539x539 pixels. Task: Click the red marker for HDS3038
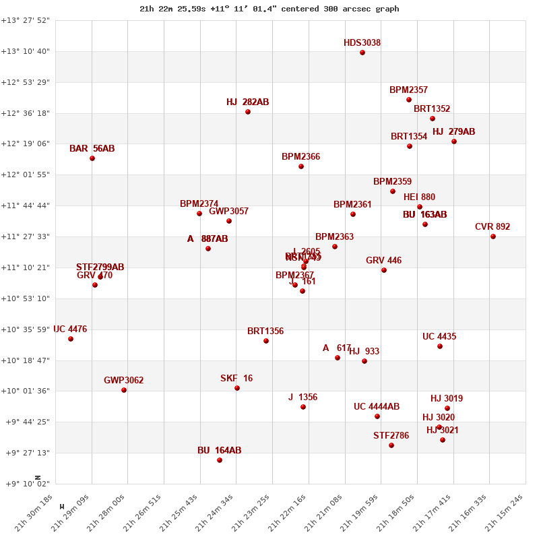tap(362, 53)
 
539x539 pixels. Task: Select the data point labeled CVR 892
tap(493, 236)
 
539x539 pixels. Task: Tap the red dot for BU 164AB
tap(220, 460)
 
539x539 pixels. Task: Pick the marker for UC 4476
tap(71, 339)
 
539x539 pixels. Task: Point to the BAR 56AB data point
tap(92, 158)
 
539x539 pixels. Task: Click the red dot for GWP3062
tap(124, 390)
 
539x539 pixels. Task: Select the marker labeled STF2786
tap(391, 445)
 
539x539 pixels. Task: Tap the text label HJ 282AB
tap(247, 102)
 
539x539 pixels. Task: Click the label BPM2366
tap(300, 157)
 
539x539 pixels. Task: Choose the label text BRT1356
tap(265, 331)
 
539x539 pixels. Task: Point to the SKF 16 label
tap(236, 379)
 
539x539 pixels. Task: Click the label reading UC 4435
tap(439, 337)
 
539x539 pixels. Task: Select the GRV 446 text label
tap(383, 261)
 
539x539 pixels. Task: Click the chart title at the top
tap(269, 9)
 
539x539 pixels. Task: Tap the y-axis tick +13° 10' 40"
tap(26, 51)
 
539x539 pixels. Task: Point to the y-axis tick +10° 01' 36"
tap(26, 391)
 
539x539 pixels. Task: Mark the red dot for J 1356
tap(303, 407)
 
